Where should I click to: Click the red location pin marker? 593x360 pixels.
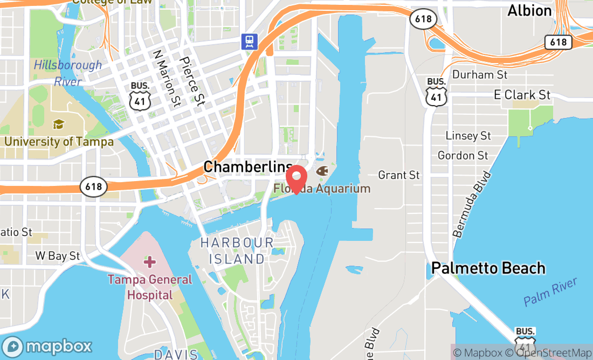coord(296,179)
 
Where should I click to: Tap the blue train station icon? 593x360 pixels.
coord(249,41)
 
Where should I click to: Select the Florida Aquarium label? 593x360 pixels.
coord(322,189)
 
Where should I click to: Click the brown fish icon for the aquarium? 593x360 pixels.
coord(322,171)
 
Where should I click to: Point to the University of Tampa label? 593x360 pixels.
coord(59,142)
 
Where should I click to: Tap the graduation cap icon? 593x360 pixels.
coord(58,124)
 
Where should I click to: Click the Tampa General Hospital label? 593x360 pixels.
coord(149,287)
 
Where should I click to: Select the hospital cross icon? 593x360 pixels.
coord(149,262)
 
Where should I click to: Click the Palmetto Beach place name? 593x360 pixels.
coord(488,268)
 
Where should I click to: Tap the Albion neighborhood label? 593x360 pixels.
coord(529,11)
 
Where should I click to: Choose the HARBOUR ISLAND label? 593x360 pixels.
coord(237,251)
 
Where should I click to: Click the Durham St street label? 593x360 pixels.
coord(480,74)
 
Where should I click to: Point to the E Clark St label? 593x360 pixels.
coord(522,95)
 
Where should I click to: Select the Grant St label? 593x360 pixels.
coord(398,175)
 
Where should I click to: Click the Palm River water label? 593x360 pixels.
coord(550,292)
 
